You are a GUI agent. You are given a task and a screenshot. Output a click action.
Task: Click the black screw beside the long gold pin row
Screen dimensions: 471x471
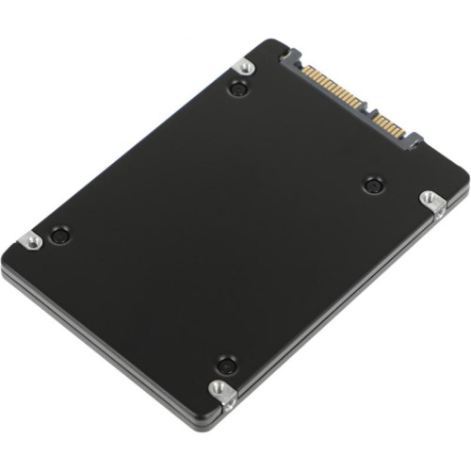237,89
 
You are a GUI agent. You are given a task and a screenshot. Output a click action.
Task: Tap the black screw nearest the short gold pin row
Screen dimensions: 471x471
373,185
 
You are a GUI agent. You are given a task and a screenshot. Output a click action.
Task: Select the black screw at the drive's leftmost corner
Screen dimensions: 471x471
60,235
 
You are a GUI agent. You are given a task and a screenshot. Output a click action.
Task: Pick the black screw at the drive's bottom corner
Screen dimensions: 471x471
225,365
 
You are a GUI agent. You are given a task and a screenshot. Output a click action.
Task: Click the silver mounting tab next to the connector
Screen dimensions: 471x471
245,66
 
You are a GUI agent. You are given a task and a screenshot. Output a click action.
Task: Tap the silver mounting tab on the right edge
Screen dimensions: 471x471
430,200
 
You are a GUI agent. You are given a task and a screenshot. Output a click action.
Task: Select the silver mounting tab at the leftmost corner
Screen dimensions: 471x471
31,241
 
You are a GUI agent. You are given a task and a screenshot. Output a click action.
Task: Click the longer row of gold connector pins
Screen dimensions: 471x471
333,89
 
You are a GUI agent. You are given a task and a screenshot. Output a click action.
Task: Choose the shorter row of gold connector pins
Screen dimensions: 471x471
388,123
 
